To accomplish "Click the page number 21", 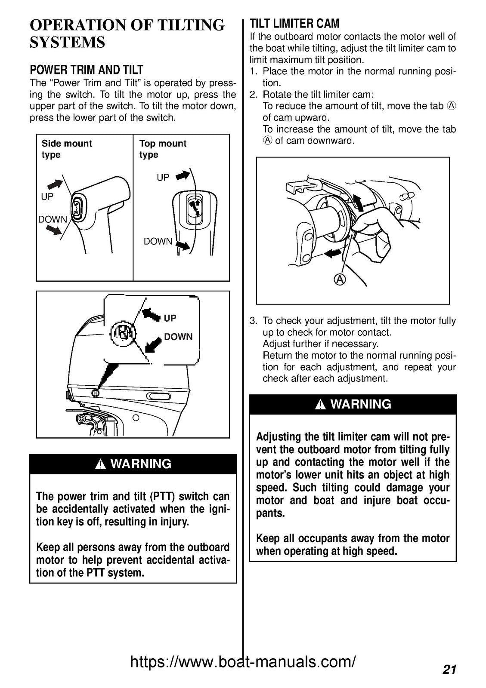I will [x=449, y=669].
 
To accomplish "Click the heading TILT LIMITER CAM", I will [x=294, y=23].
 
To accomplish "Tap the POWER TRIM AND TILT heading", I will [x=86, y=70].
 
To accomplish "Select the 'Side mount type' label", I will [x=66, y=149].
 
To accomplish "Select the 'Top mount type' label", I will [x=162, y=149].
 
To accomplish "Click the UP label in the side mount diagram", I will [x=47, y=197].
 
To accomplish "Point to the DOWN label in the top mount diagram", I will [x=158, y=241].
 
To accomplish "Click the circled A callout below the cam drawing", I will [x=340, y=279].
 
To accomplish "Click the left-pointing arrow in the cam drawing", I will [x=331, y=254].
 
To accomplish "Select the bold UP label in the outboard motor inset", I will [x=170, y=318].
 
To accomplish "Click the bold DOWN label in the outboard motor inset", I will [x=178, y=337].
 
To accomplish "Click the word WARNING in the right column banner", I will [x=360, y=404].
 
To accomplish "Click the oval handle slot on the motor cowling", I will [x=158, y=396].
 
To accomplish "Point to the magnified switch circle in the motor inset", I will [x=124, y=333].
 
